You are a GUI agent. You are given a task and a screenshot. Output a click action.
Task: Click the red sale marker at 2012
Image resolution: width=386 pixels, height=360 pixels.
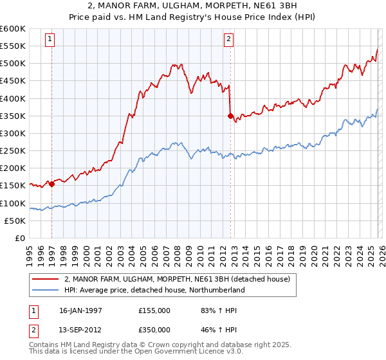[x=230, y=116]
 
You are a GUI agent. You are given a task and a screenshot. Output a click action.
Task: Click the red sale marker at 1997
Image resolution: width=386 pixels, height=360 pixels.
[x=51, y=184]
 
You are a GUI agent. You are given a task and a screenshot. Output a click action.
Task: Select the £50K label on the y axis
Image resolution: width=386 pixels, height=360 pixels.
[x=15, y=221]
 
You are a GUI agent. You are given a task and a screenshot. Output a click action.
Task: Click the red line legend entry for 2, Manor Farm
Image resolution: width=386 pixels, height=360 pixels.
[x=178, y=279]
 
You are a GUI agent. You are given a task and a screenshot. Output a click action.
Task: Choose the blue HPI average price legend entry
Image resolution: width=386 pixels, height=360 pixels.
[x=154, y=290]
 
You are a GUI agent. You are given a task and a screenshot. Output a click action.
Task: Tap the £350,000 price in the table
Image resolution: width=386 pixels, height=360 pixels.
[x=154, y=330]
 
